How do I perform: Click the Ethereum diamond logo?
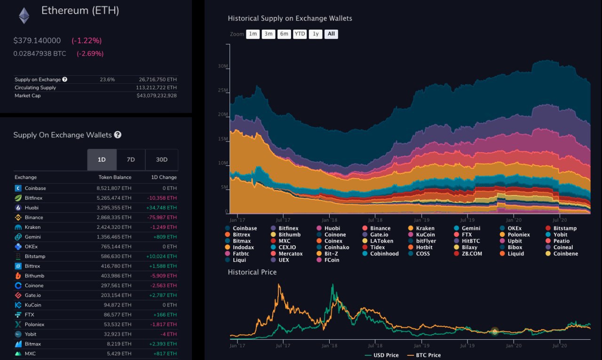tap(24, 16)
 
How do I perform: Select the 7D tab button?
tap(131, 160)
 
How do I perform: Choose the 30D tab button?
tap(161, 160)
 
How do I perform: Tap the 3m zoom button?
tap(268, 34)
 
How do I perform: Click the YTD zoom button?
tap(299, 34)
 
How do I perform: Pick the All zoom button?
tap(331, 34)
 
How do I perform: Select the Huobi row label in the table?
tap(32, 208)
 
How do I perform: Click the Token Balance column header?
tap(115, 177)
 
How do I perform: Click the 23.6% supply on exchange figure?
tap(107, 79)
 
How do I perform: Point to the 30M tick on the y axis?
tap(223, 66)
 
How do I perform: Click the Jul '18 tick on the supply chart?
tap(374, 219)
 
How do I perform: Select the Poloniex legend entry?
tap(518, 235)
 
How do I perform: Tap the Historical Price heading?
tap(252, 272)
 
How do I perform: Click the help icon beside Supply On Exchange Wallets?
tap(118, 135)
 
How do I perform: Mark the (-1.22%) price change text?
tap(87, 40)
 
